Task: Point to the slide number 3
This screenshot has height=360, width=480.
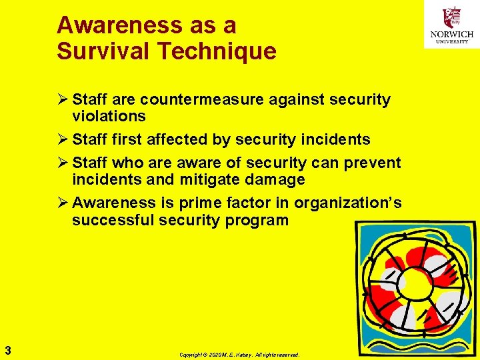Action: point(7,349)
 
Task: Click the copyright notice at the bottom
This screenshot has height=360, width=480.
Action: point(239,355)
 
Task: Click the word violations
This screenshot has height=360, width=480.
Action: point(109,116)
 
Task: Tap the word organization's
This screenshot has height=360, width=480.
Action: point(347,203)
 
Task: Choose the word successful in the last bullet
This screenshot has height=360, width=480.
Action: point(113,219)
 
